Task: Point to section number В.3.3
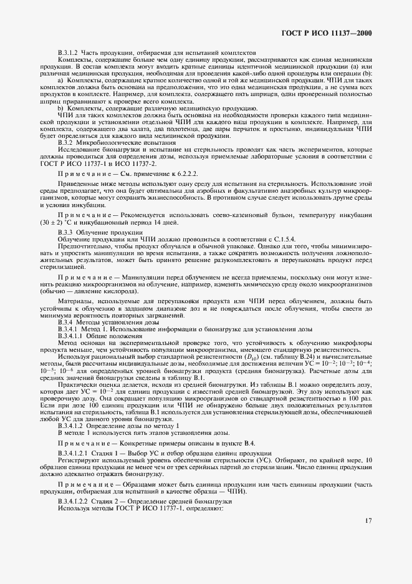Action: tap(65, 232)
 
